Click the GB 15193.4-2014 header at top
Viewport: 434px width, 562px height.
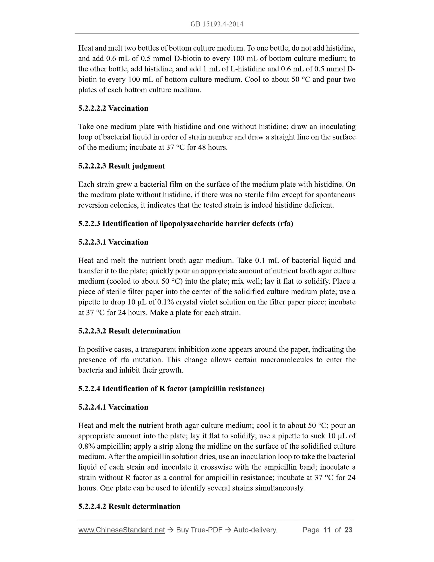pyautogui.click(x=217, y=24)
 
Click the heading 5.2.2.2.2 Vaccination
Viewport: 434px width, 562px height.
pyautogui.click(x=113, y=108)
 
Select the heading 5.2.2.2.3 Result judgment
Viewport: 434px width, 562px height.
pyautogui.click(x=121, y=166)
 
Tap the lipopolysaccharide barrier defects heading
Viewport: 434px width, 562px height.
pyautogui.click(x=186, y=224)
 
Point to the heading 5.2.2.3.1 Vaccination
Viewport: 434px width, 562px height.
pyautogui.click(x=113, y=242)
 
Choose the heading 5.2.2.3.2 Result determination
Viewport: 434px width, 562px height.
pyautogui.click(x=129, y=331)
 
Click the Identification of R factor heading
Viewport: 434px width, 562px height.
pyautogui.click(x=171, y=389)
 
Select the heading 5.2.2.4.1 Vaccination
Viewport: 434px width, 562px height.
pyautogui.click(x=113, y=407)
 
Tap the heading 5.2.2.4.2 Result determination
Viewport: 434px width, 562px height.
pyautogui.click(x=129, y=506)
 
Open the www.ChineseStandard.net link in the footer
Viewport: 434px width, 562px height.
pyautogui.click(x=121, y=530)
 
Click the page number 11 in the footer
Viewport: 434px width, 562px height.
pyautogui.click(x=327, y=530)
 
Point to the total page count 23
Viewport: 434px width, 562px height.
pyautogui.click(x=348, y=530)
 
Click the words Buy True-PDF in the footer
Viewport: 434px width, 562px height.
pyautogui.click(x=199, y=530)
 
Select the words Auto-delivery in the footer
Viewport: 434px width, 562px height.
pyautogui.click(x=255, y=530)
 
